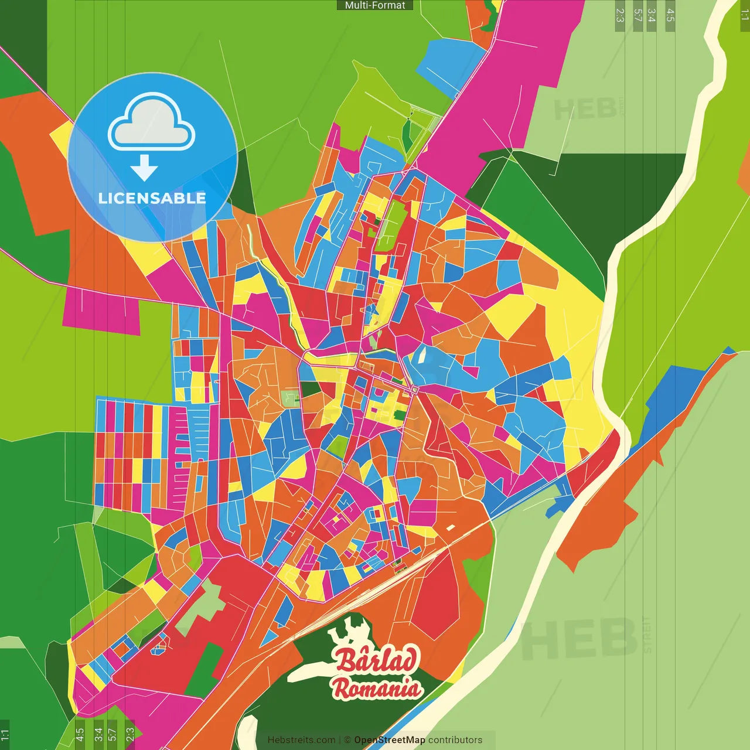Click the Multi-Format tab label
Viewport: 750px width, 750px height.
tap(375, 5)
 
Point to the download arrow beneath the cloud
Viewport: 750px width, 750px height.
tap(144, 168)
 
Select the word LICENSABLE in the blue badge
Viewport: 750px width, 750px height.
tap(152, 198)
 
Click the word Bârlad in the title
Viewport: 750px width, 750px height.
tap(378, 660)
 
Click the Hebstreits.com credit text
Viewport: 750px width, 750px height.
tap(301, 740)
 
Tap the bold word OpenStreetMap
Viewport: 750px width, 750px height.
tap(390, 740)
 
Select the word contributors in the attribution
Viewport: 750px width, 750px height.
tap(455, 740)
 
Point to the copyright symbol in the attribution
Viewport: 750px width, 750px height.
tap(347, 740)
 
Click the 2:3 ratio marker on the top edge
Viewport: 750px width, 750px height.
tap(620, 15)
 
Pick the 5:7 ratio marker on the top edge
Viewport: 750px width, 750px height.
tap(637, 15)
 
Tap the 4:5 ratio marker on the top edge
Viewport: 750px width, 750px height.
tap(670, 15)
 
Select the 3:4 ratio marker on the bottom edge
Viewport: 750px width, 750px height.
tap(98, 734)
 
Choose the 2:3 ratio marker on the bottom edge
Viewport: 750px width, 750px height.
tap(130, 734)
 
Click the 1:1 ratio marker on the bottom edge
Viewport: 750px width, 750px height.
tap(5, 734)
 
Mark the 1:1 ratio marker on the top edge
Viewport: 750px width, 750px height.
tap(744, 15)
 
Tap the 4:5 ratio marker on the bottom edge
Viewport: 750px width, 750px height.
tap(80, 734)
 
